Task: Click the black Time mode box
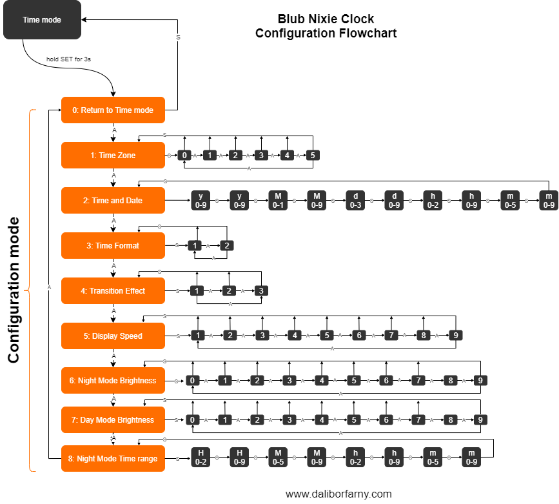[42, 20]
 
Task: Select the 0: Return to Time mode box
[113, 110]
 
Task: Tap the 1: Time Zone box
[113, 156]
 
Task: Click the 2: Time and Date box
[113, 201]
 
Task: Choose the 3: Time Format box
[113, 246]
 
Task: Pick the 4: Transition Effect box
[113, 291]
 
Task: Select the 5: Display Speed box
[113, 336]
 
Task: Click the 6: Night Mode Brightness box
[113, 381]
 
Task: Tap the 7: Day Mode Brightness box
[113, 420]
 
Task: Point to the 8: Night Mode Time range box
[113, 459]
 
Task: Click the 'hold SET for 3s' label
[68, 59]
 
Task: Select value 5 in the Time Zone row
[312, 156]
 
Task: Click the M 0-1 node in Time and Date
[278, 201]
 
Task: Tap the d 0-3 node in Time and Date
[355, 201]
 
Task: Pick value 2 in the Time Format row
[227, 246]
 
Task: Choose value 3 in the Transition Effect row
[260, 291]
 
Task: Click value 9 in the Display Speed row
[456, 336]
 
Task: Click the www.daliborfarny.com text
[338, 494]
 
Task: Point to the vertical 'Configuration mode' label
[14, 290]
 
